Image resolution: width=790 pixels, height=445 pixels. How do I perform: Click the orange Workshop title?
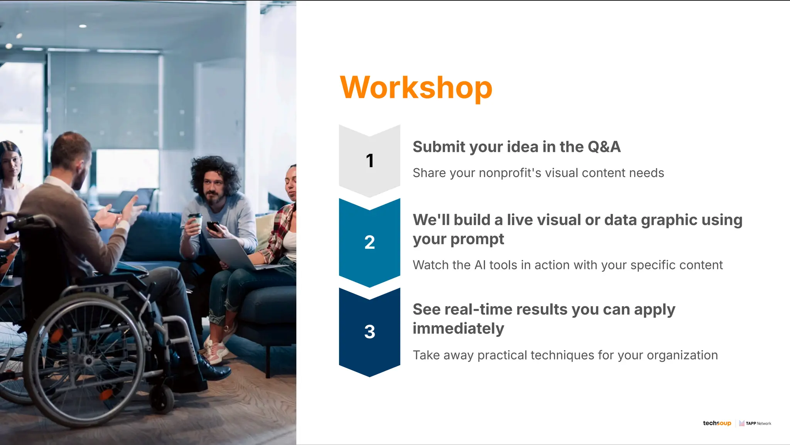416,88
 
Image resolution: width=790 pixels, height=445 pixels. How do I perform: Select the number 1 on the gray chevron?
370,161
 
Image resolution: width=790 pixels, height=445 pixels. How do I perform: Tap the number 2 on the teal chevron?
370,243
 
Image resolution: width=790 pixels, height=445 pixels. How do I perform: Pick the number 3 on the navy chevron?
370,332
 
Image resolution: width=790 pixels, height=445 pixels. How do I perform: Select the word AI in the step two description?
480,265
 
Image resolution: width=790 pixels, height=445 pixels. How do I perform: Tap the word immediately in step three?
458,329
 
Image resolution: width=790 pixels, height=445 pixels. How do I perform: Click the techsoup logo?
717,423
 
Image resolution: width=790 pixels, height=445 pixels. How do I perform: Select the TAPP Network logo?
755,423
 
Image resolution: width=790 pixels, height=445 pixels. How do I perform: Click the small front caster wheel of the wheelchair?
162,399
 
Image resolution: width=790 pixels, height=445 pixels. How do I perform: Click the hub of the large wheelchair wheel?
88,361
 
